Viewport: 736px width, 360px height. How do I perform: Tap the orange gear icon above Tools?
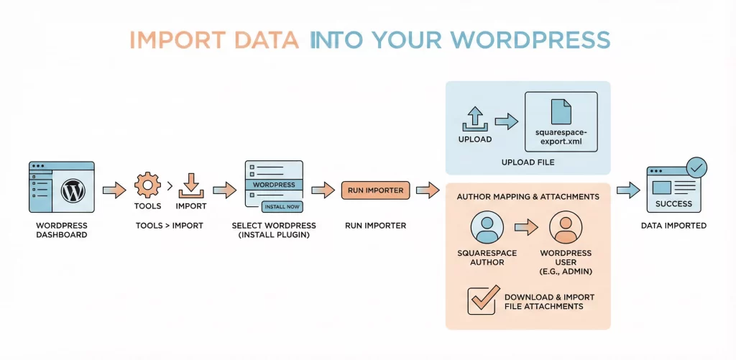click(147, 185)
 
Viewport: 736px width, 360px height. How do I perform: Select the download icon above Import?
click(190, 184)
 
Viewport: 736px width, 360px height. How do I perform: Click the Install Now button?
click(282, 206)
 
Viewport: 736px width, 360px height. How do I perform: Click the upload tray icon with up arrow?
click(476, 117)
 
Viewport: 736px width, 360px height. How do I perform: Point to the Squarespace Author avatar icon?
click(487, 229)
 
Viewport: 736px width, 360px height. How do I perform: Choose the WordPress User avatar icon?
click(565, 229)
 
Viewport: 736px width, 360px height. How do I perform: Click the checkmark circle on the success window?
click(696, 168)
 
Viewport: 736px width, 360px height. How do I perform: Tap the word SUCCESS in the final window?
click(673, 204)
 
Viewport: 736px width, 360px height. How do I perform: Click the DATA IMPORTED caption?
click(673, 226)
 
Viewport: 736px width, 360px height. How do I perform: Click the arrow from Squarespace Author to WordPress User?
click(526, 229)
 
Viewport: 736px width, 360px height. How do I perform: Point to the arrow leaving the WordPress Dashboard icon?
click(113, 190)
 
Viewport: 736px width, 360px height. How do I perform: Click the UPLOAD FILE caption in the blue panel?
click(528, 163)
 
